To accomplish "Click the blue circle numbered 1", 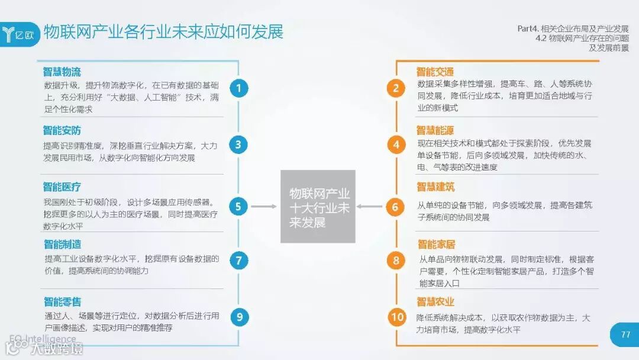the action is tap(238, 88).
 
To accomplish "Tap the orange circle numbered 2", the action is tap(396, 88).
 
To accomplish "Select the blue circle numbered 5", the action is tap(238, 206).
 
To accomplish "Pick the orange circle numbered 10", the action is tap(396, 317).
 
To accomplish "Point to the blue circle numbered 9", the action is tap(239, 317).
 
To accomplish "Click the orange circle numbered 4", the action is tap(396, 144).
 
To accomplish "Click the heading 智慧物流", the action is tap(62, 72).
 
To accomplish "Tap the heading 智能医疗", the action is tap(62, 187).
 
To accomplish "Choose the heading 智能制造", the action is tap(62, 244).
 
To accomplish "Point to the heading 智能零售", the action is tap(62, 301).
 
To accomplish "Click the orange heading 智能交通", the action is tap(435, 72).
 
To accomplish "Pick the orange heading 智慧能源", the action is tap(435, 130).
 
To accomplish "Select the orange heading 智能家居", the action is tap(436, 244).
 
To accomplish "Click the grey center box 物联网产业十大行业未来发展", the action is tap(318, 207).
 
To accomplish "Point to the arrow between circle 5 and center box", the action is tap(264, 206).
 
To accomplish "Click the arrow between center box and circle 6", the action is tap(370, 206).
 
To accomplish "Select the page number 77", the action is tap(625, 335).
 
